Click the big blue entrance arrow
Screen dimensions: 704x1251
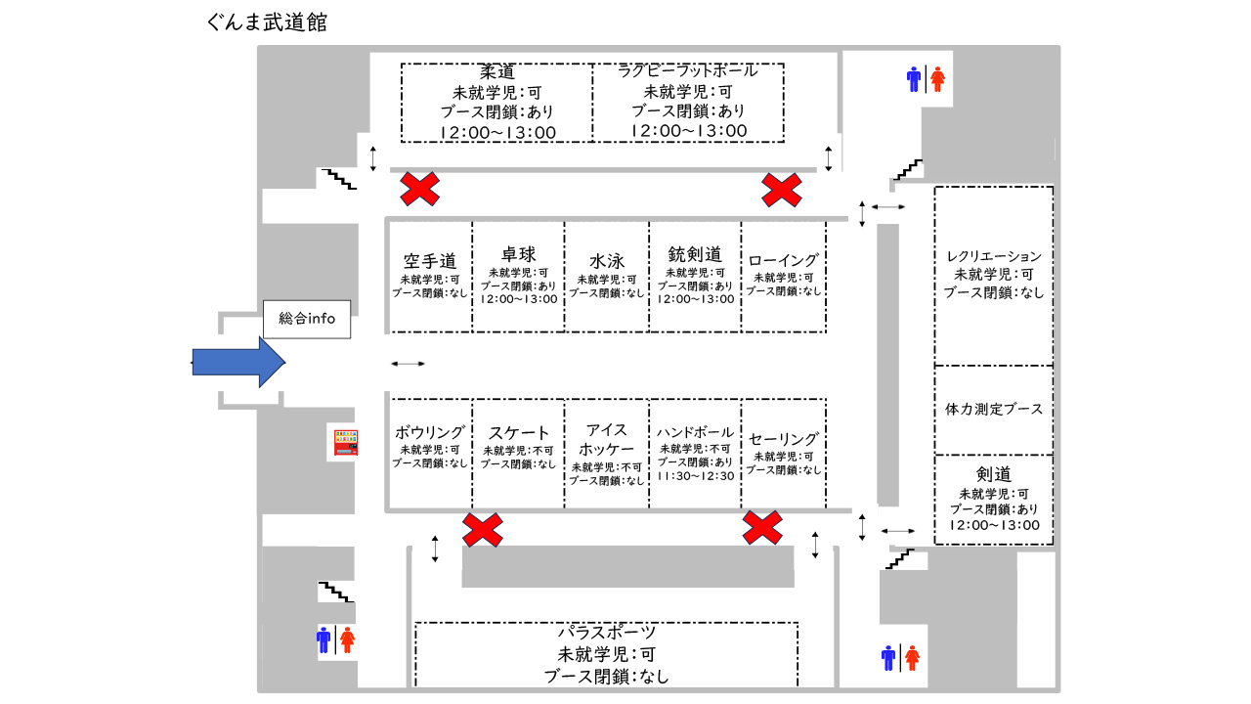pos(239,362)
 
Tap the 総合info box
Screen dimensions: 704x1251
pos(307,319)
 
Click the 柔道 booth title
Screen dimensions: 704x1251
pos(497,72)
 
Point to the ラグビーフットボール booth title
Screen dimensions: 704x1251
pos(688,71)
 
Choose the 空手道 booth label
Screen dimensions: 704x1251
pos(430,261)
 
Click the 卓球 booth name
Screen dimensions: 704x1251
pos(518,255)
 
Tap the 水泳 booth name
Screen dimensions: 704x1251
pos(607,262)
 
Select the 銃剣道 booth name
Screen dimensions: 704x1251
pos(695,254)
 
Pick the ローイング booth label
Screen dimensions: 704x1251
pos(784,261)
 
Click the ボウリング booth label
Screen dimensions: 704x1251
pos(430,432)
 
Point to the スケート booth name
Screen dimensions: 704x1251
pos(519,433)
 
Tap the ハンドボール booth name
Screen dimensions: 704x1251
pos(695,432)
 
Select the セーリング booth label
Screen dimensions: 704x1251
pos(784,439)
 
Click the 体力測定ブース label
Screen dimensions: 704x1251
pos(994,409)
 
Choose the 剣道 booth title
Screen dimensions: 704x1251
pos(994,475)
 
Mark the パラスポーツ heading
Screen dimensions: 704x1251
pos(607,633)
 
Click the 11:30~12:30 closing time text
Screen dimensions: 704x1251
pos(695,475)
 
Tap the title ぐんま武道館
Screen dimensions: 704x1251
pos(267,22)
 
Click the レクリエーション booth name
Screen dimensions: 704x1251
pos(994,257)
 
